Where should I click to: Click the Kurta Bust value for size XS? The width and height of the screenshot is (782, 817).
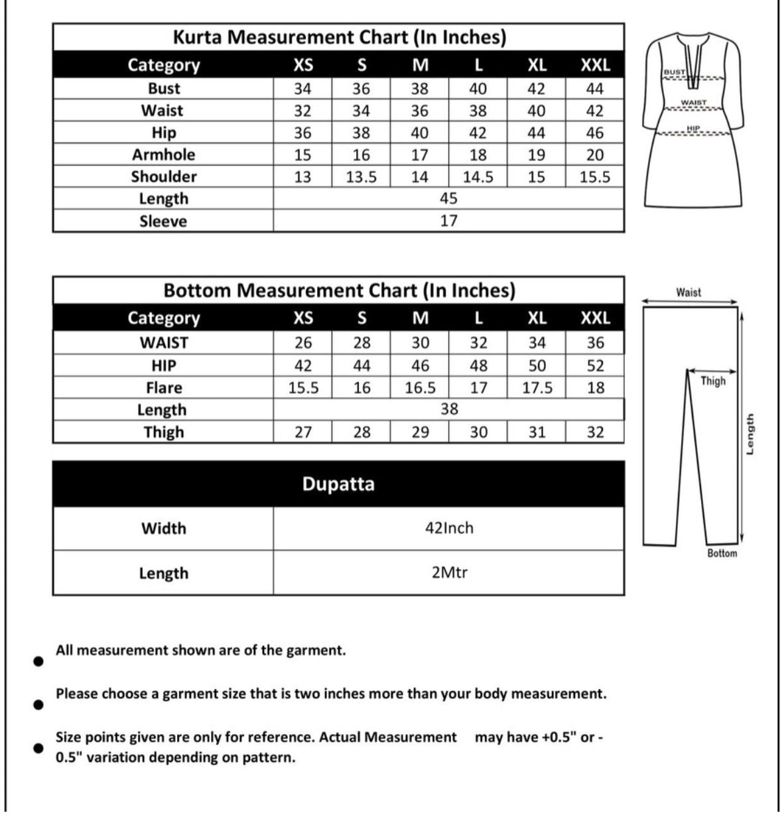coord(302,89)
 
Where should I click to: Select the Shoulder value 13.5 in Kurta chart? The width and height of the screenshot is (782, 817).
coord(361,177)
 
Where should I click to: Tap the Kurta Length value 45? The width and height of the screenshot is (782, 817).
coord(448,198)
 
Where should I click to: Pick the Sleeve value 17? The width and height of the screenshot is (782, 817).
coord(448,221)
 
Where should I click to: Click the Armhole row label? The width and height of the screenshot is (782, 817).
coord(163,155)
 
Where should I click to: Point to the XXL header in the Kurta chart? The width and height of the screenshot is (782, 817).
coord(595,65)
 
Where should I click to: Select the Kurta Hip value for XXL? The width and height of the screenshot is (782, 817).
coord(595,133)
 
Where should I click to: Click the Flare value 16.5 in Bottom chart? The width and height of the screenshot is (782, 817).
coord(420,388)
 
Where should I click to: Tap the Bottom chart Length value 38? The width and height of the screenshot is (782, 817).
coord(449,409)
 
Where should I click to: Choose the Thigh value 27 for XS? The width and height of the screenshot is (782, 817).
coord(303,432)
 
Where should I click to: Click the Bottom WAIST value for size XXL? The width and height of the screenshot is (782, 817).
coord(596,343)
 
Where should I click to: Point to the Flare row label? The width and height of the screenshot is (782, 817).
coord(164,388)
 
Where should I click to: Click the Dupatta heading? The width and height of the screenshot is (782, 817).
coord(338,484)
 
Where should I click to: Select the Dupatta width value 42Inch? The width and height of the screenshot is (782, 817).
coord(449,529)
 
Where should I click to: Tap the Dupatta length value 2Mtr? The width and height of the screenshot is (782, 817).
coord(449,573)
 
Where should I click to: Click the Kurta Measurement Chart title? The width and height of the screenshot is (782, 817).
coord(339,37)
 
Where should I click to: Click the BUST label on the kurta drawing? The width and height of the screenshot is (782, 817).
coord(674,72)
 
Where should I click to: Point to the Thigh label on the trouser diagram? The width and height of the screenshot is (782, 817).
coord(713,381)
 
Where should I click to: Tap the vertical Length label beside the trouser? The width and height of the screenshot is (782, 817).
coord(750,434)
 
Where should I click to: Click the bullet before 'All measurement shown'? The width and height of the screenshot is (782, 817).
coord(39,661)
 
